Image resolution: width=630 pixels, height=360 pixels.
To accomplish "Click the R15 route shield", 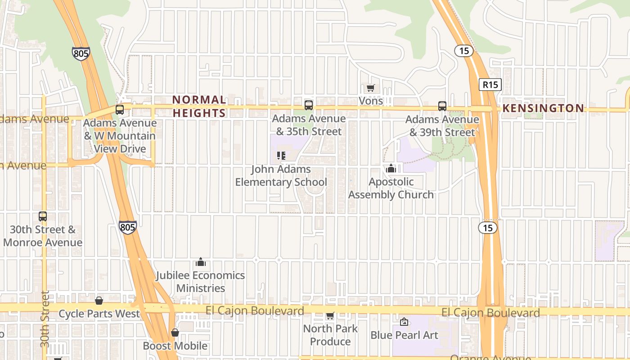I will point(490,84).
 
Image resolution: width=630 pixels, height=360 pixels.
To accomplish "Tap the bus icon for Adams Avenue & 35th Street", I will point(308,105).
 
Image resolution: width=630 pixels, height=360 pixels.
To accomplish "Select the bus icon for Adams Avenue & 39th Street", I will point(442,106).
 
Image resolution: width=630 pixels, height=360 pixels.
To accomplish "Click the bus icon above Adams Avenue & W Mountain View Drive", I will point(120,109).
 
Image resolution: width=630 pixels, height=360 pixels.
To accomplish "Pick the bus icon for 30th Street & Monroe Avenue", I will point(43,216).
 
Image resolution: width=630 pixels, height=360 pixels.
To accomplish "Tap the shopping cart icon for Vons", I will point(370,88).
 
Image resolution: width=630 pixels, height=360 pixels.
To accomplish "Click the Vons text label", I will point(371,100).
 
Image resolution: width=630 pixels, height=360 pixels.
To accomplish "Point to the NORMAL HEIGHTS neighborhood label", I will point(199,106).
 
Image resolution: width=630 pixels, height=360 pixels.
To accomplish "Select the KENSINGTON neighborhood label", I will point(543,108).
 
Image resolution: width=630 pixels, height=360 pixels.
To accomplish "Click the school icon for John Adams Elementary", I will point(281,156).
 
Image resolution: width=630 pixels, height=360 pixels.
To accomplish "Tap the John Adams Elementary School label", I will point(281,175).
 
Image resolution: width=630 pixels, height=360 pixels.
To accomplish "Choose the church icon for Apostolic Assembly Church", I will point(391,169).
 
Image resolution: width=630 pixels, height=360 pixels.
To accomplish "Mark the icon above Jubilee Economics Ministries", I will point(201,262).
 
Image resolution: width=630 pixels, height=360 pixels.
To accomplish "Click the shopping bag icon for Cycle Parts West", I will point(99,301).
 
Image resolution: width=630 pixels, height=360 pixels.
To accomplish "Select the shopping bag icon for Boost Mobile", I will point(175,333).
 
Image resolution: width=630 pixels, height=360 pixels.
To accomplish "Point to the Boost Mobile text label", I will point(175,346).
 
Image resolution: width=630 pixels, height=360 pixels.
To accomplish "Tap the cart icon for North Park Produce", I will point(330,316).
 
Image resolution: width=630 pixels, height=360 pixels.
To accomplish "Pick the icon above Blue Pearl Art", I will point(404,322).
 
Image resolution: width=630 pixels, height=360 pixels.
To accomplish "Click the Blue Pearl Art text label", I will point(404,335).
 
